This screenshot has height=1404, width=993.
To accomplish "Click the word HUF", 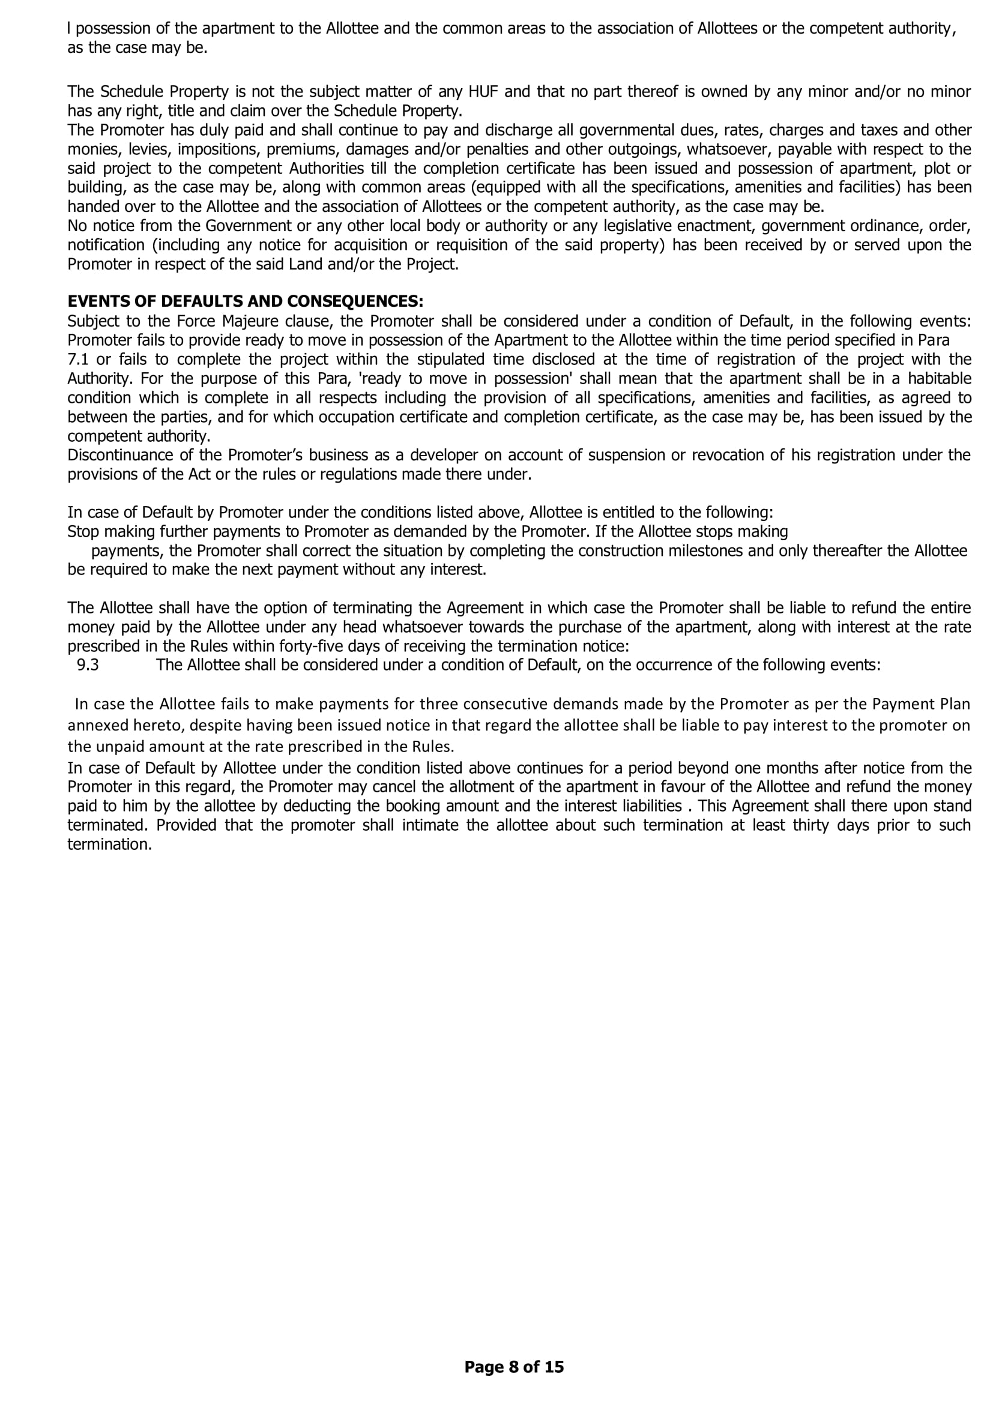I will (483, 92).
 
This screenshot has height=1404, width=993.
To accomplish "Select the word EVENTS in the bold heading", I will (95, 301).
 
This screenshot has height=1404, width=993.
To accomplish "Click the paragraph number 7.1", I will (79, 360).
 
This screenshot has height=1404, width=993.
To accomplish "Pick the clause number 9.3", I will (88, 664).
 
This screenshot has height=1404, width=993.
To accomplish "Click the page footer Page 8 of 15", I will (514, 1366).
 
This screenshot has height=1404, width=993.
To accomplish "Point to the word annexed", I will (92, 725).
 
